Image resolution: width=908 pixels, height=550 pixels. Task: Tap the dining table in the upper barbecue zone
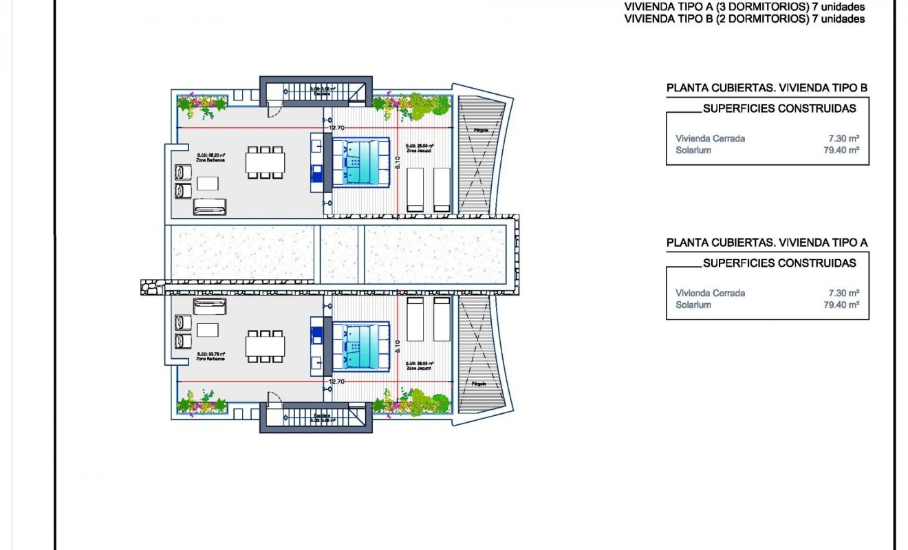pos(265,162)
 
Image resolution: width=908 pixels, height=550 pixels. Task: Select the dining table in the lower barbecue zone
pos(265,346)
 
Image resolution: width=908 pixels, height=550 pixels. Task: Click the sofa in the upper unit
pos(210,206)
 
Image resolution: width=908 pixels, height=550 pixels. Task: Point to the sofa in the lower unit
pos(210,307)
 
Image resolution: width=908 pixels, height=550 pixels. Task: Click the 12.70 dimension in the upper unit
pos(336,128)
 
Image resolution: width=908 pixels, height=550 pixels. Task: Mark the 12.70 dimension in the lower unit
pos(336,382)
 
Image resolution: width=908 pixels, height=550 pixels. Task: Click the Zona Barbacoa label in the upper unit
pos(211,159)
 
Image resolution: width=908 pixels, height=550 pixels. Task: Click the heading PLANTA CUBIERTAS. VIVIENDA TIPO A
pos(767,243)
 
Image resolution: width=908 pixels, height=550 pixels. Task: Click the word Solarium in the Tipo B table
pos(693,150)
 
